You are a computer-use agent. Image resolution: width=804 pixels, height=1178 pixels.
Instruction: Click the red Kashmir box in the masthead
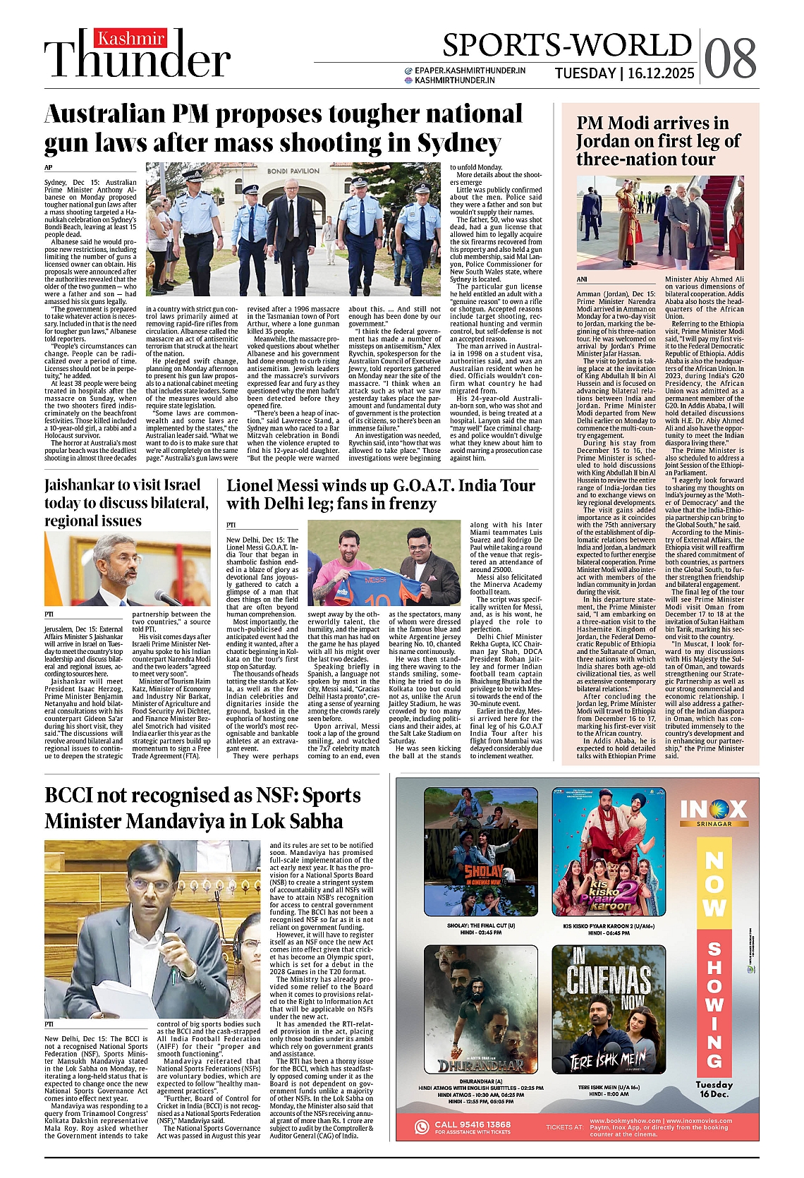click(131, 39)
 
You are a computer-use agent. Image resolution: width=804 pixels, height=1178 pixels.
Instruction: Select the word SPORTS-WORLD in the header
click(566, 45)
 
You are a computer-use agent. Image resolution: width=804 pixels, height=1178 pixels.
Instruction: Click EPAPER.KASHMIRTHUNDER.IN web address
click(470, 71)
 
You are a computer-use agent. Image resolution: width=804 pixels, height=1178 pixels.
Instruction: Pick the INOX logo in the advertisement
click(713, 809)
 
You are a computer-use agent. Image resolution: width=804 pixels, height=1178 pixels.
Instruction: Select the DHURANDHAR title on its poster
click(481, 1064)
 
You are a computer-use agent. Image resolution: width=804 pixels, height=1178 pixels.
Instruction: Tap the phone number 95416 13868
click(472, 1124)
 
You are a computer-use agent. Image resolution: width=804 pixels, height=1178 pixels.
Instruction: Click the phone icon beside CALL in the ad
click(422, 1127)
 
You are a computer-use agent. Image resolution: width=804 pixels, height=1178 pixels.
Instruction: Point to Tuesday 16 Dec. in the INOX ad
click(714, 1089)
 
